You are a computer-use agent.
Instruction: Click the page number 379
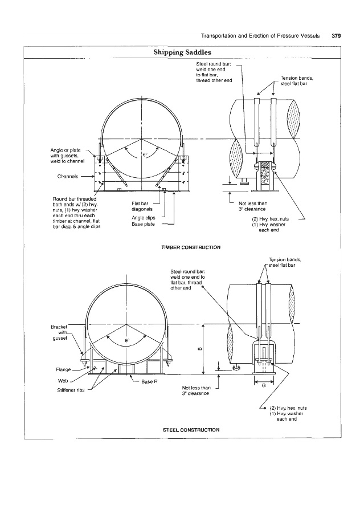[x=336, y=35]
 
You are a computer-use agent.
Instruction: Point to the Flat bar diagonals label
[x=140, y=205]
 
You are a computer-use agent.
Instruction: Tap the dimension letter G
[x=263, y=386]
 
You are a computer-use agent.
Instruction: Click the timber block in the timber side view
[x=264, y=176]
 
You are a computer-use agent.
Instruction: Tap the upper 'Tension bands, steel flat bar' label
[x=297, y=80]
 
